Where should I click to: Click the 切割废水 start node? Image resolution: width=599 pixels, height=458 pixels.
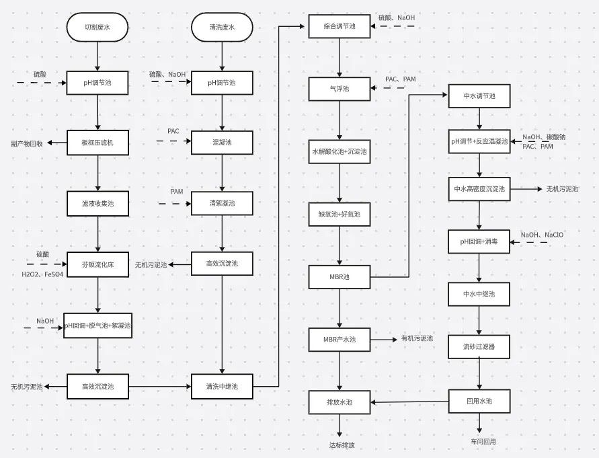pyautogui.click(x=98, y=27)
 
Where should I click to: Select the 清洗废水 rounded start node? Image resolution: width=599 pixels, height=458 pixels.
pyautogui.click(x=222, y=27)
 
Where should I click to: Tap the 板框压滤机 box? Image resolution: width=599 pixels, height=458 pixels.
pyautogui.click(x=98, y=143)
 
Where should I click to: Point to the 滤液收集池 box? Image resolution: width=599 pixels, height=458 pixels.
pyautogui.click(x=98, y=203)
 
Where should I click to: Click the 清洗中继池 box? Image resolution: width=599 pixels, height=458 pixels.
pyautogui.click(x=222, y=387)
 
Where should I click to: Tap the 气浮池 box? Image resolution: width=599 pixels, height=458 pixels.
pyautogui.click(x=340, y=88)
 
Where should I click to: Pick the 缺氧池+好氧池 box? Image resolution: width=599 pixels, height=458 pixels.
pyautogui.click(x=340, y=215)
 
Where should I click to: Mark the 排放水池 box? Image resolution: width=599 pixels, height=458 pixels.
pyautogui.click(x=340, y=402)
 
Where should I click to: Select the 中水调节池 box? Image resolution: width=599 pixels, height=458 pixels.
pyautogui.click(x=479, y=96)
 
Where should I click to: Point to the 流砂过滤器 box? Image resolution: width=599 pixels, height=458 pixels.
pyautogui.click(x=479, y=346)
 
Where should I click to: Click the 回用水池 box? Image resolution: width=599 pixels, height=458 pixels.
pyautogui.click(x=479, y=402)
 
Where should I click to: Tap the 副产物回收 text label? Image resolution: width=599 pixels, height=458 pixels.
pyautogui.click(x=27, y=143)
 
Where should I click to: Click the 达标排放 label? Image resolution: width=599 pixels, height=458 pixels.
pyautogui.click(x=341, y=445)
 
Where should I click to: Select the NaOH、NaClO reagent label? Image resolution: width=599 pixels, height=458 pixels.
pyautogui.click(x=542, y=235)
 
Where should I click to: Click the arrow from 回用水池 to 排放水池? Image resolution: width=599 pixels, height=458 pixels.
pyautogui.click(x=410, y=402)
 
